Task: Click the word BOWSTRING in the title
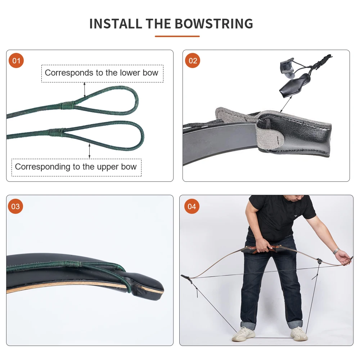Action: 214,24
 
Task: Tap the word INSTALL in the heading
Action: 116,24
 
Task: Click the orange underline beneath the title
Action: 177,36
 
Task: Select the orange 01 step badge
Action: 16,60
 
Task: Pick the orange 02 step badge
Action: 192,60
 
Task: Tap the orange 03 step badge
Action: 15,206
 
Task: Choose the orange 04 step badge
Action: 192,206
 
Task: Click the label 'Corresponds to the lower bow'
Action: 102,73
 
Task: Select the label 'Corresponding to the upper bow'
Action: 76,167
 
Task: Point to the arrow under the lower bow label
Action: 85,90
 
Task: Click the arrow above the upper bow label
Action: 89,151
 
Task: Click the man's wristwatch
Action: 336,251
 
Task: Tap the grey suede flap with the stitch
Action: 270,138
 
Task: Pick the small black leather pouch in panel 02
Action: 294,85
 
